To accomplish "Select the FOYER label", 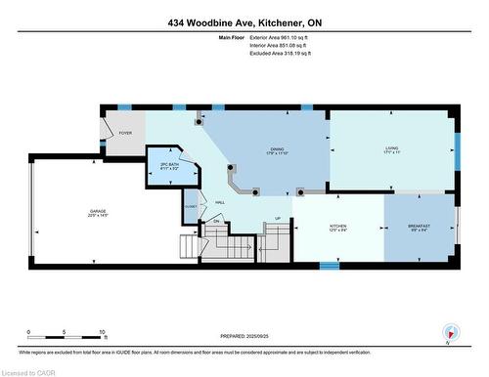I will tap(125, 133).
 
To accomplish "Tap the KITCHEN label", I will tap(337, 228).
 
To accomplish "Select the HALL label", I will tap(220, 202).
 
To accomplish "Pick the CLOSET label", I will tap(190, 207).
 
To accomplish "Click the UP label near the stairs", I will tap(278, 218).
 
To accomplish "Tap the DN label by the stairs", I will tap(216, 222).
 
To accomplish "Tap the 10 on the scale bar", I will tap(103, 332).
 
